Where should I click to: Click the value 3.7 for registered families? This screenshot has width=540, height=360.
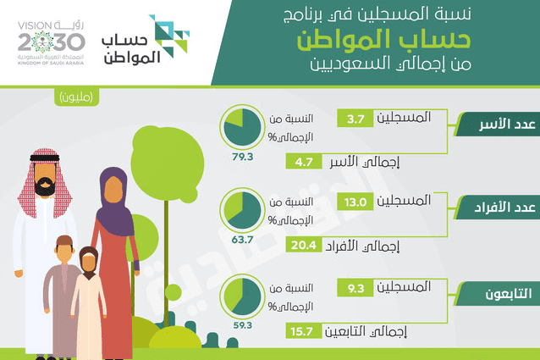point(355,119)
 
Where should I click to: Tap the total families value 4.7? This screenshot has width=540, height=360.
point(304,162)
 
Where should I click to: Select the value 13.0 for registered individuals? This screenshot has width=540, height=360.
point(355,202)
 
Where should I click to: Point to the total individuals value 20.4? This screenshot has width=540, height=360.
point(304,245)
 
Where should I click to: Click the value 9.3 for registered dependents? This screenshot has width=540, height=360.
point(355,288)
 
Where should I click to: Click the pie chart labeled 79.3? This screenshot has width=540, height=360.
point(242,127)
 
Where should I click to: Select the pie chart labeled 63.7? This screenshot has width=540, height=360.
point(242,210)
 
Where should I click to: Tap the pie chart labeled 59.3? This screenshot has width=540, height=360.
point(242,296)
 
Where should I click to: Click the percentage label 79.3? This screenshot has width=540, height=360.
point(242,157)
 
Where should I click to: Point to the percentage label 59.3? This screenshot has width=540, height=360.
point(242,325)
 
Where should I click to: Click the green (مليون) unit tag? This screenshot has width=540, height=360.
point(76,97)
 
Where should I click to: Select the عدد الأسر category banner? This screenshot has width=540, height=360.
point(498,124)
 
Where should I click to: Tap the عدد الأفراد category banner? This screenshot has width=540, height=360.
point(498,208)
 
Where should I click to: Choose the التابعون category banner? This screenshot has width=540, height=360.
point(498,294)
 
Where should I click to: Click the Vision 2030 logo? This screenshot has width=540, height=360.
point(52,43)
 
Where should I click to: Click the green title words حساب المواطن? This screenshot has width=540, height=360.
point(383,40)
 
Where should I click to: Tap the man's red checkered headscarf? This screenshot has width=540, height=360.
point(45,183)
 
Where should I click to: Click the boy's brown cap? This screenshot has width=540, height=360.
point(64,240)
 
